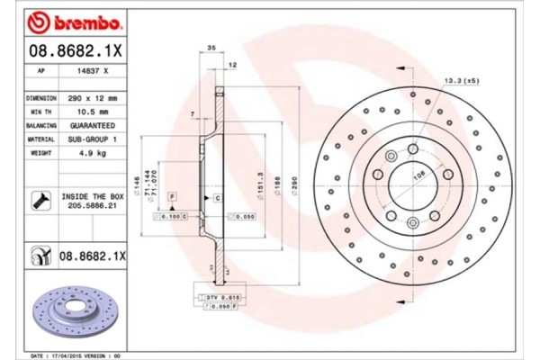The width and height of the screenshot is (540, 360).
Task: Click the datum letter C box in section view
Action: click(x=218, y=197)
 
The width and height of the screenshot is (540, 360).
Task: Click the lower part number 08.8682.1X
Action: click(x=92, y=256)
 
